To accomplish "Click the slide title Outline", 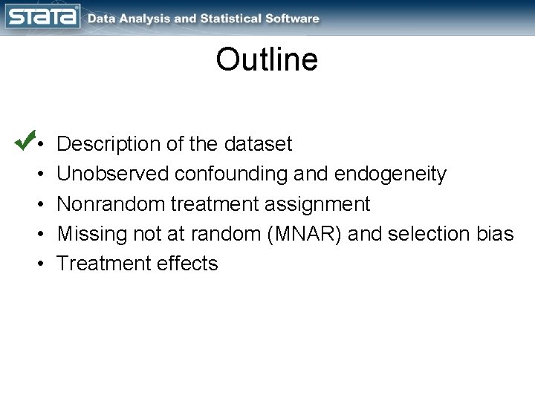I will (267, 60).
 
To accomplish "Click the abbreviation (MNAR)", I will (300, 233).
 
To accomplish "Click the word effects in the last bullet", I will (187, 263).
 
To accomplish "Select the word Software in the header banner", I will (294, 19).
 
